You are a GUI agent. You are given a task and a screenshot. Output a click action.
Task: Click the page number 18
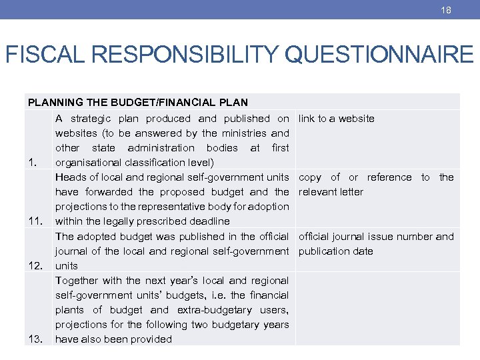[x=446, y=10]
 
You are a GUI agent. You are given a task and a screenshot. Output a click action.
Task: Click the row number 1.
[x=32, y=163]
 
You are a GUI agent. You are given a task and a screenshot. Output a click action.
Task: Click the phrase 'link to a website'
[x=337, y=119]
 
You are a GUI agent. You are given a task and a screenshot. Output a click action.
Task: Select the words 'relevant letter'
[x=331, y=192]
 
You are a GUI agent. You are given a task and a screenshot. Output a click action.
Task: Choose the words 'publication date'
[x=336, y=251]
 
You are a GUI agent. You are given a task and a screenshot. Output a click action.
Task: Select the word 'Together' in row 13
[x=77, y=280]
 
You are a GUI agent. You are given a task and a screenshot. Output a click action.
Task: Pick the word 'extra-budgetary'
[x=211, y=309]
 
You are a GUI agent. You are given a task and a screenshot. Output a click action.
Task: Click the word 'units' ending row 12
[x=67, y=265]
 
